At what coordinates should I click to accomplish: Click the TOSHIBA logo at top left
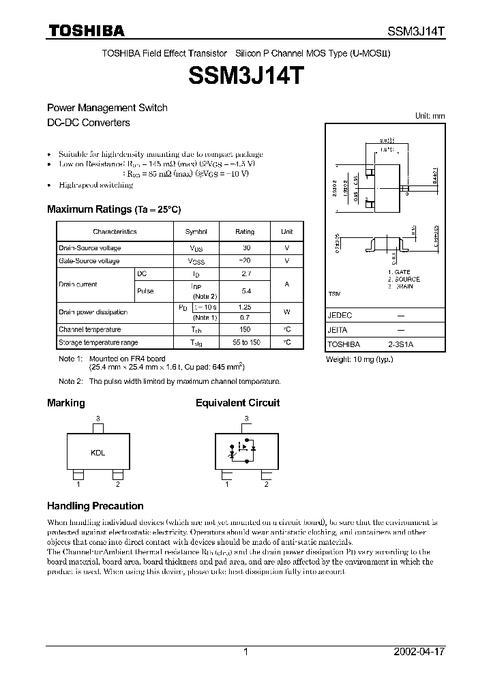pos(85,31)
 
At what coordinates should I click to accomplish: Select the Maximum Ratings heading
pos(113,209)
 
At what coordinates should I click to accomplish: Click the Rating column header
pos(245,232)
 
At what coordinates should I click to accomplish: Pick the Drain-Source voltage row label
pos(89,249)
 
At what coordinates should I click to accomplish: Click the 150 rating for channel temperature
pos(245,329)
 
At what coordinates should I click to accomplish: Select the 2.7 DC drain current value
pos(245,273)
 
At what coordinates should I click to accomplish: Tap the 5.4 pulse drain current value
pos(245,291)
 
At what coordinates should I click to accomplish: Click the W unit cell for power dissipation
pos(287,312)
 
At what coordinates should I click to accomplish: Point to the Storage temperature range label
pos(98,342)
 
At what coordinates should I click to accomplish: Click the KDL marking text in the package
pos(98,452)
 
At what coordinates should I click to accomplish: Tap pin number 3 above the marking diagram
pos(98,417)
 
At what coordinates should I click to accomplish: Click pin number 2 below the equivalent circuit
pos(266,485)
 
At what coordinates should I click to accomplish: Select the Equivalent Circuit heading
pos(237,403)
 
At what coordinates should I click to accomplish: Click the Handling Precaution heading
pos(95,506)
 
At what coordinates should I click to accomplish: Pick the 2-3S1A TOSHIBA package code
pos(400,345)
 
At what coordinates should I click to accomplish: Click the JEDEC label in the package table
pos(339,316)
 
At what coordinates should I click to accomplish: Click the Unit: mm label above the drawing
pos(430,116)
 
